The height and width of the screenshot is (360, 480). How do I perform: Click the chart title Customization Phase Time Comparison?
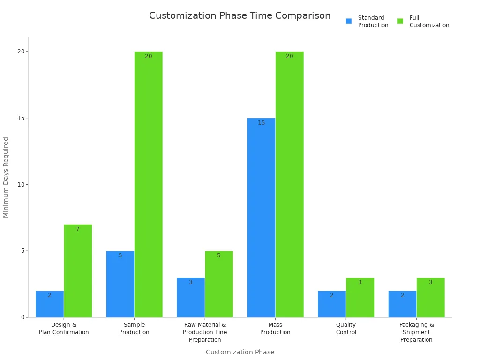tap(240, 15)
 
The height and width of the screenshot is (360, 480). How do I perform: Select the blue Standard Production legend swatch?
tap(349, 21)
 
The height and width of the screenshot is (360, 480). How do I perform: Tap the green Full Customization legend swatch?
tap(400, 21)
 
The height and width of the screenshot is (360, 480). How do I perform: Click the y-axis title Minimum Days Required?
tap(6, 177)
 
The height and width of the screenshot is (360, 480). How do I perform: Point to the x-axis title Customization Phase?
tap(240, 352)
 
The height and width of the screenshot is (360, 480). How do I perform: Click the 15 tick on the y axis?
tap(21, 118)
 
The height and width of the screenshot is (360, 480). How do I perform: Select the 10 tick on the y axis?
tap(21, 185)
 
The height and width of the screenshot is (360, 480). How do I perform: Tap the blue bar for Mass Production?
tap(261, 217)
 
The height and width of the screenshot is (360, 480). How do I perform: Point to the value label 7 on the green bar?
tap(78, 229)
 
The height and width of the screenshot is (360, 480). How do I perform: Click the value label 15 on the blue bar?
tap(261, 123)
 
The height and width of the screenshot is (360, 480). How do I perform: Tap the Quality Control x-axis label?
tap(346, 329)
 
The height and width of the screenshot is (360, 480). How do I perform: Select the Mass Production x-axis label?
tap(275, 329)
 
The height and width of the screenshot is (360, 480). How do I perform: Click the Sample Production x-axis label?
tap(134, 329)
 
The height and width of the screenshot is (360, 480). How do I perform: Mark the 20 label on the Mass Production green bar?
tap(289, 56)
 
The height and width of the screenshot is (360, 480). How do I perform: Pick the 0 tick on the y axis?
tap(22, 317)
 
